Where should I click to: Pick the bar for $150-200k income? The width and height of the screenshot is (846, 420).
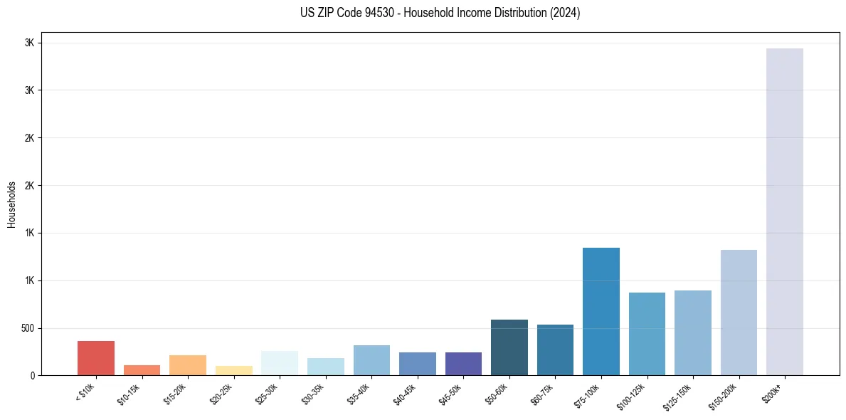coord(739,313)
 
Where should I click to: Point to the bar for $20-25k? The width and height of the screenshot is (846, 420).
coord(233,370)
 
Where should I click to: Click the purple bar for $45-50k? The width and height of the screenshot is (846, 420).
coord(463,364)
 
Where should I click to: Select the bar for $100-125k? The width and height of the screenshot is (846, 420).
coord(647,334)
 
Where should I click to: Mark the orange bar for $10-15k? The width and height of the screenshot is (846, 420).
coord(142,370)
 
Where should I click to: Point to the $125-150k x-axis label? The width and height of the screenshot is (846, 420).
coord(680,395)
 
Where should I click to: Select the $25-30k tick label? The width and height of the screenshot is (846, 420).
coord(268,394)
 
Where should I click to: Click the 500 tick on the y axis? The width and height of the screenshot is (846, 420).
coord(27,328)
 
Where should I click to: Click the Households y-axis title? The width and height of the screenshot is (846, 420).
coord(11,204)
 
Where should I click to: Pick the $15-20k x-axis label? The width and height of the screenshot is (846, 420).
coord(176,394)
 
